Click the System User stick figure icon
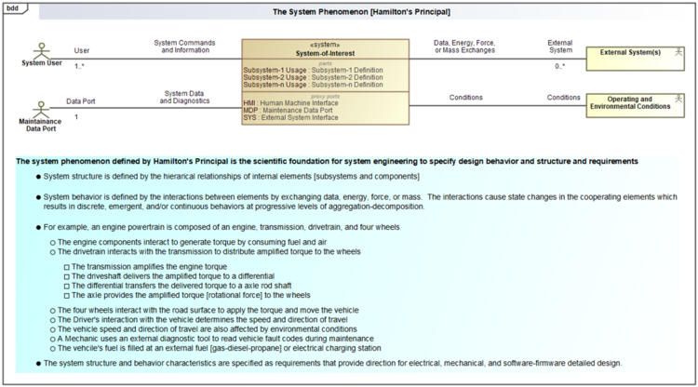[40, 48]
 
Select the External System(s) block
[629, 53]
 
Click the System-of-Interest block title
[325, 53]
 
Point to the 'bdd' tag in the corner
[12, 7]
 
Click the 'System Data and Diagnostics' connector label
[184, 97]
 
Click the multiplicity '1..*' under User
[81, 66]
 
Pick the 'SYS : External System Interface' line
[290, 118]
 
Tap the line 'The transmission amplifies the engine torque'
[149, 267]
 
